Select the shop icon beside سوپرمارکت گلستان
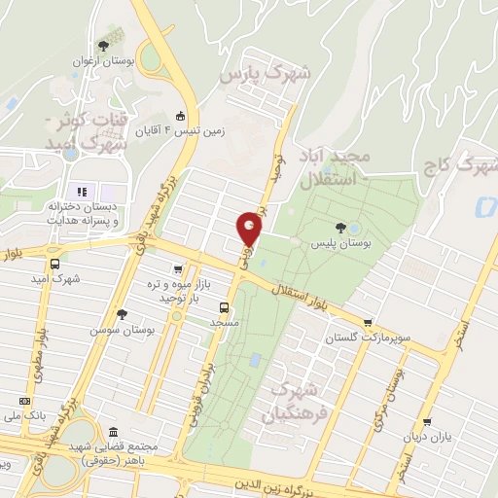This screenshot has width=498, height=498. coord(367,324)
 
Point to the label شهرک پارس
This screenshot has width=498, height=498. coord(265,74)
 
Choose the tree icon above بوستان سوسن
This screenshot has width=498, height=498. coord(122,314)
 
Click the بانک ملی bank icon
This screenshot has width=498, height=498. coord(24,401)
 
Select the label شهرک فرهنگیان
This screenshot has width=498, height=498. coord(290,402)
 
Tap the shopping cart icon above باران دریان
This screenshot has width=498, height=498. coord(425,422)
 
